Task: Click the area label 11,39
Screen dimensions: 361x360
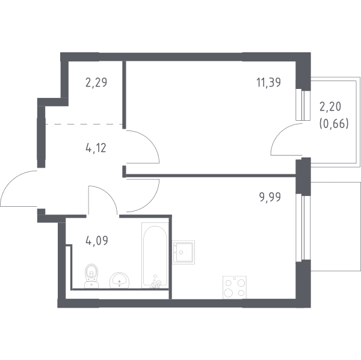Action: point(269,82)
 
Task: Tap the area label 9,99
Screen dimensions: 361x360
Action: point(270,197)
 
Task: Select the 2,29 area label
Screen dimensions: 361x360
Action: point(96,82)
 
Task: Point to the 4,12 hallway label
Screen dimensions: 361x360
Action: point(96,148)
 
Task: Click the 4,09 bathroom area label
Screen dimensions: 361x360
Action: point(97,241)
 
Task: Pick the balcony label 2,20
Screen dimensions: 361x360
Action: point(330,107)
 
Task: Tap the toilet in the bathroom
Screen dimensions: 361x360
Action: point(91,276)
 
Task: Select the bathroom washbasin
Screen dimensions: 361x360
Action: point(119,280)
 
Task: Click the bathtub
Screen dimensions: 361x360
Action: point(155,255)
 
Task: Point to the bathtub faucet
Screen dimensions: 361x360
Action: point(156,282)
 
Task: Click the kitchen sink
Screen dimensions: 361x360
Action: point(184,252)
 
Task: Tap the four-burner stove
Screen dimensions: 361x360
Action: point(235,287)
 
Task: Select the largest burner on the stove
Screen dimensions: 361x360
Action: point(228,293)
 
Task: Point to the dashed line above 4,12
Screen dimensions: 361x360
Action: point(84,124)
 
